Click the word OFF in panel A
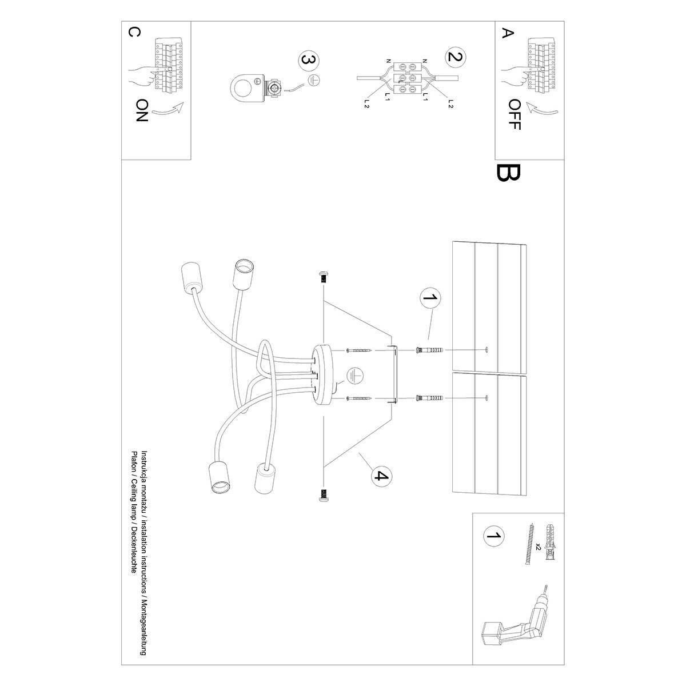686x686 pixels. [514, 115]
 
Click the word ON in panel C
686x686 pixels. [142, 110]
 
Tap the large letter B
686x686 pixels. [508, 172]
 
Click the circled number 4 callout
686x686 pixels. [381, 476]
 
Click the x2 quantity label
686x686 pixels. [538, 547]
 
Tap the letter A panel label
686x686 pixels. [505, 34]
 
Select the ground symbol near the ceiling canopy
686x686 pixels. [354, 375]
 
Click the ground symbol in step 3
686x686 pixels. [311, 81]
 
